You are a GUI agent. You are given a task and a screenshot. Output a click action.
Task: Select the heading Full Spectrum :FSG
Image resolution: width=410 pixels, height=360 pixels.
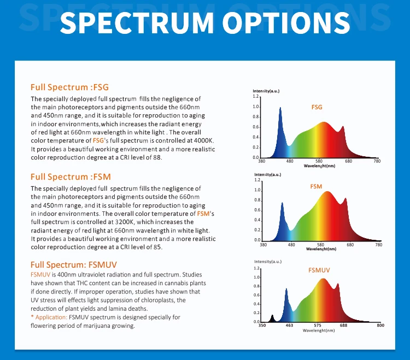69,87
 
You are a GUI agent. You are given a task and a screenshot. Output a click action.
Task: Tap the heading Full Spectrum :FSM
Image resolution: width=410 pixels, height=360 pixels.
71,176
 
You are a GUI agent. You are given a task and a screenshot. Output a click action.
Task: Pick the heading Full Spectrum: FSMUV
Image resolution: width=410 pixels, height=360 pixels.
73,265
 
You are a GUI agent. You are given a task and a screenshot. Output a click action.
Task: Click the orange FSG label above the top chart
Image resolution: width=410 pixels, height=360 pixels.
317,108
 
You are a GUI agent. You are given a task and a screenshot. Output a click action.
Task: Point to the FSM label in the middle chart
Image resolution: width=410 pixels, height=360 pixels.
316,186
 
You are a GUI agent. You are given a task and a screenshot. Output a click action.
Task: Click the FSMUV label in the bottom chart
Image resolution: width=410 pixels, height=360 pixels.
319,270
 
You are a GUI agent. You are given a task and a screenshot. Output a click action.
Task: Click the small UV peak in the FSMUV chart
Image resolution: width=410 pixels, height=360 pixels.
272,317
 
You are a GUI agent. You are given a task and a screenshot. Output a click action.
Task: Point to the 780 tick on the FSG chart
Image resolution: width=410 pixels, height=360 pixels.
377,161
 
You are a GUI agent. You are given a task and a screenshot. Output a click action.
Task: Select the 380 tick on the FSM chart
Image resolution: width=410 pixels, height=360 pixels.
262,244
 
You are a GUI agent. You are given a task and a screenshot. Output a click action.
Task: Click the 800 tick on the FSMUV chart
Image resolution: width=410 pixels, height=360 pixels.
380,326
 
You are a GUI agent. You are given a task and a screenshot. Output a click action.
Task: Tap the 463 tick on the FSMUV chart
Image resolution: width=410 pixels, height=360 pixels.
289,326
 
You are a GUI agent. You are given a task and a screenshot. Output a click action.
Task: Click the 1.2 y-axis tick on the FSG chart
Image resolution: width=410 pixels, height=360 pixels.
256,96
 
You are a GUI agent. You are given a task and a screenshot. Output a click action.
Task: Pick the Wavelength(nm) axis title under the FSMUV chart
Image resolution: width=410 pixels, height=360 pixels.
319,331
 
